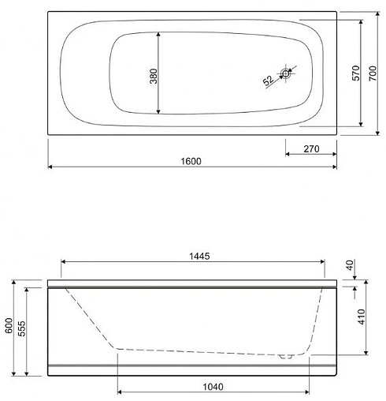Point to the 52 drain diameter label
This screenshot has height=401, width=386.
click(268, 80)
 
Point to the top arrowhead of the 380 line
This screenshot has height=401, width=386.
click(161, 35)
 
